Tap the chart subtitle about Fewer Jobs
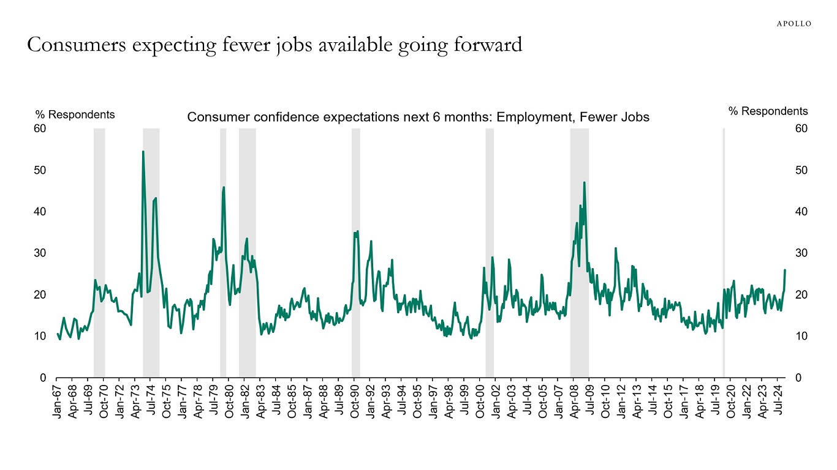pyautogui.click(x=418, y=117)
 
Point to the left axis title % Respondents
pyautogui.click(x=75, y=114)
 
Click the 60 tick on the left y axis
pyautogui.click(x=40, y=129)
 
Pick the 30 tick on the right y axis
pyautogui.click(x=801, y=253)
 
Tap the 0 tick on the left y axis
pyautogui.click(x=44, y=378)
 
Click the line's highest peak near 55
pyautogui.click(x=143, y=151)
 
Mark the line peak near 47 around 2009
pyautogui.click(x=584, y=182)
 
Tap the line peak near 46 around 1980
pyautogui.click(x=224, y=187)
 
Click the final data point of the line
pyautogui.click(x=785, y=270)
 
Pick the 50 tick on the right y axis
pyautogui.click(x=801, y=170)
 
